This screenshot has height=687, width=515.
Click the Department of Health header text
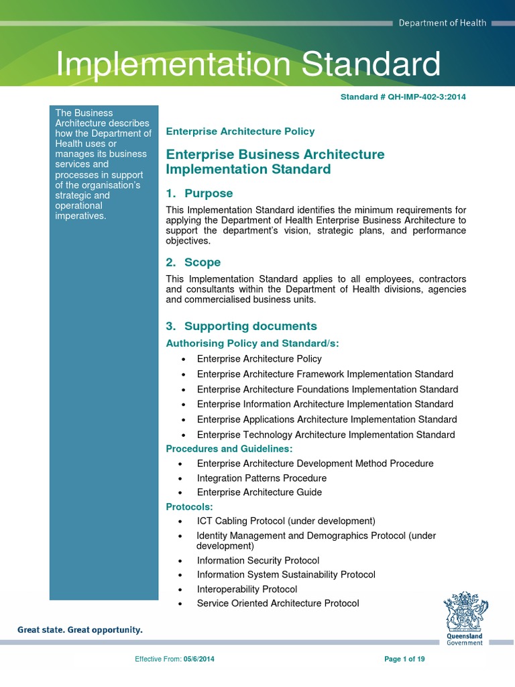(442, 23)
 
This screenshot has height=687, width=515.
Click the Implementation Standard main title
(248, 64)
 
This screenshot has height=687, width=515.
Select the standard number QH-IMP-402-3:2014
(403, 97)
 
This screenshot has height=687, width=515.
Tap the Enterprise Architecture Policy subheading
(240, 131)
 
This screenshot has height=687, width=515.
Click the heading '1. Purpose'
(199, 193)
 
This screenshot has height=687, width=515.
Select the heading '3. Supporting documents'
(241, 326)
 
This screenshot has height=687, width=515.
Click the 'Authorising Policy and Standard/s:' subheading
(252, 343)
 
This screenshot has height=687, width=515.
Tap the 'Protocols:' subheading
(190, 507)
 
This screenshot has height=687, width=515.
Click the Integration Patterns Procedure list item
(262, 478)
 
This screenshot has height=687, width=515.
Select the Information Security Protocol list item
(257, 560)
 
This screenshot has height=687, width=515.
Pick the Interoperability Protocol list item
(247, 589)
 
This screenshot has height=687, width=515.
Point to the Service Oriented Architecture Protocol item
(278, 603)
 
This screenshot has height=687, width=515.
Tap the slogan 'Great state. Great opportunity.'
(80, 630)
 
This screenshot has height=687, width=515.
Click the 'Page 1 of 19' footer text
(404, 659)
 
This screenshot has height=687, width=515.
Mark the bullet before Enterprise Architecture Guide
(180, 493)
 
